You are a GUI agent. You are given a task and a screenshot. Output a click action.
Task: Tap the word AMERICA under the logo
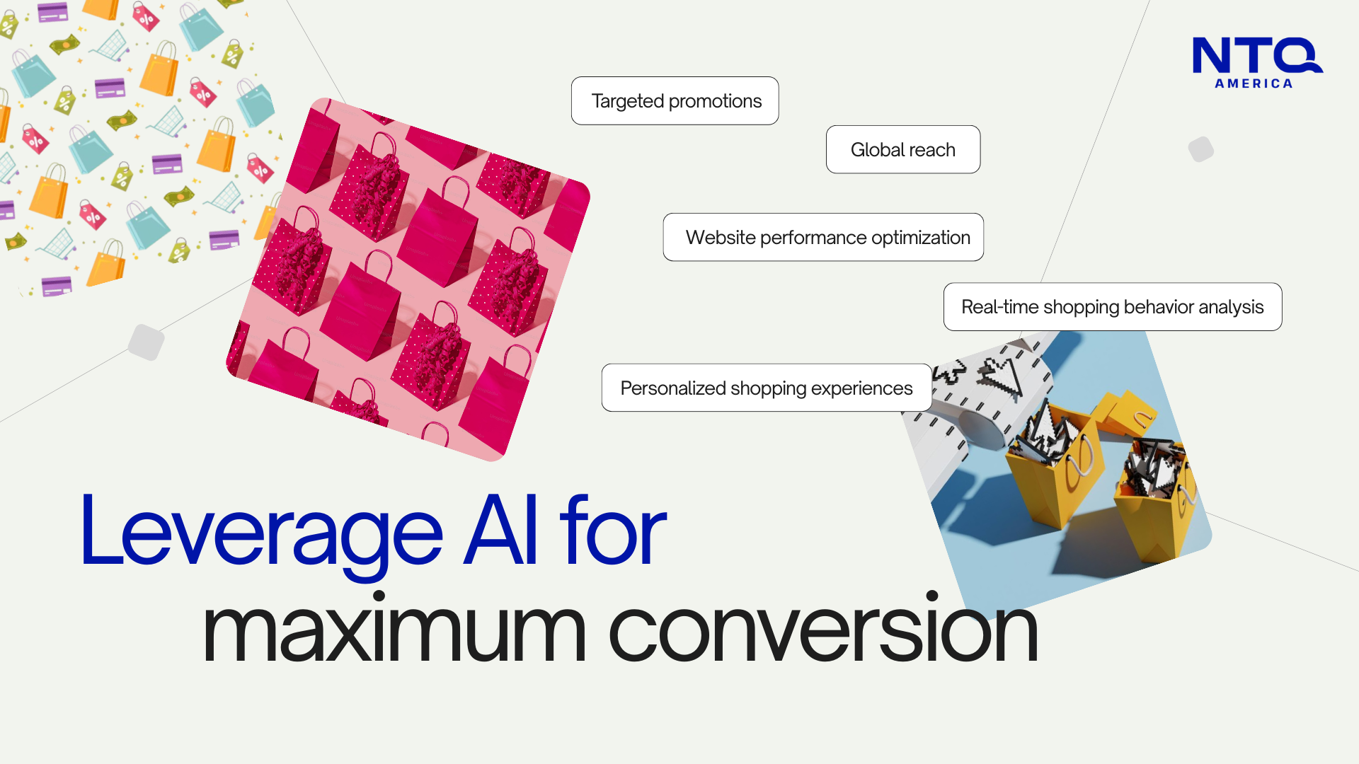pos(1254,83)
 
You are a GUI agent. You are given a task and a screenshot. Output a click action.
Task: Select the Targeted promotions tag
pos(675,100)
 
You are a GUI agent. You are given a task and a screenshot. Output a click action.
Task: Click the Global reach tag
pos(903,149)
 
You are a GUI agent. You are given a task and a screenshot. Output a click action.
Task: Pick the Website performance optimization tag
pos(823,237)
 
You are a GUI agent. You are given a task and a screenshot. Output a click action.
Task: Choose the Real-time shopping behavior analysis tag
pos(1113,306)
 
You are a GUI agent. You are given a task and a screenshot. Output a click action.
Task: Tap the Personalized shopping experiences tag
pos(767,388)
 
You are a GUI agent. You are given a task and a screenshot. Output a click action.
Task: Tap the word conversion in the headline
pos(823,627)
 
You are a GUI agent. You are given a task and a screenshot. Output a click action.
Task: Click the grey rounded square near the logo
pos(1201,149)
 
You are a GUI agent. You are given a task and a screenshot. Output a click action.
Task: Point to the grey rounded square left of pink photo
pos(147,342)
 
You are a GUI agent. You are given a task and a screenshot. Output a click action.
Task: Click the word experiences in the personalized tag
pos(861,388)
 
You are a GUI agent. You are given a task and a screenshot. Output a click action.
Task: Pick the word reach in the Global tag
pos(933,150)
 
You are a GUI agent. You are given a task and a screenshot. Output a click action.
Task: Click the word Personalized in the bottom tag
pos(673,388)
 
